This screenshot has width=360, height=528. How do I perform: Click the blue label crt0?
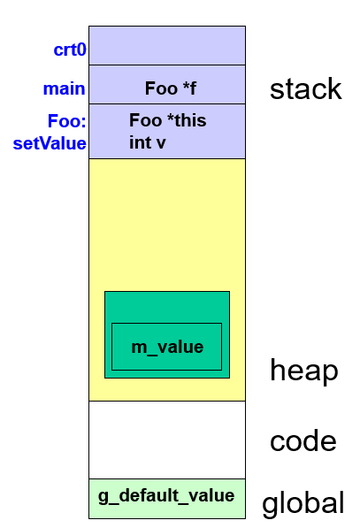click(70, 50)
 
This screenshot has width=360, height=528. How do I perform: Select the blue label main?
click(65, 88)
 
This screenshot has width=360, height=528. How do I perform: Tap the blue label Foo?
click(67, 121)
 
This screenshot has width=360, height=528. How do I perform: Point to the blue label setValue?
click(50, 142)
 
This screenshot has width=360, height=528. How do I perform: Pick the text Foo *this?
click(167, 121)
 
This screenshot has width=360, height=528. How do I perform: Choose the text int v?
click(147, 142)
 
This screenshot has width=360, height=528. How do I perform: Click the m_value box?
click(167, 348)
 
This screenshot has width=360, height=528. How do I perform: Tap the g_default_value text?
click(166, 495)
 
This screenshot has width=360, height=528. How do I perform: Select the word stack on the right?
click(305, 89)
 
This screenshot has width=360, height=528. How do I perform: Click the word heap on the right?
click(304, 371)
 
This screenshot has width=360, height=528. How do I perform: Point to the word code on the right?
click(303, 441)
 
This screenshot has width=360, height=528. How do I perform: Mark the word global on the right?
click(303, 504)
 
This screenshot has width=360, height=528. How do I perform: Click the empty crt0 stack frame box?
click(167, 45)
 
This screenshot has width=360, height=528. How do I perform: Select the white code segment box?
click(167, 440)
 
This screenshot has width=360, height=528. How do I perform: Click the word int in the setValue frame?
click(141, 142)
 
